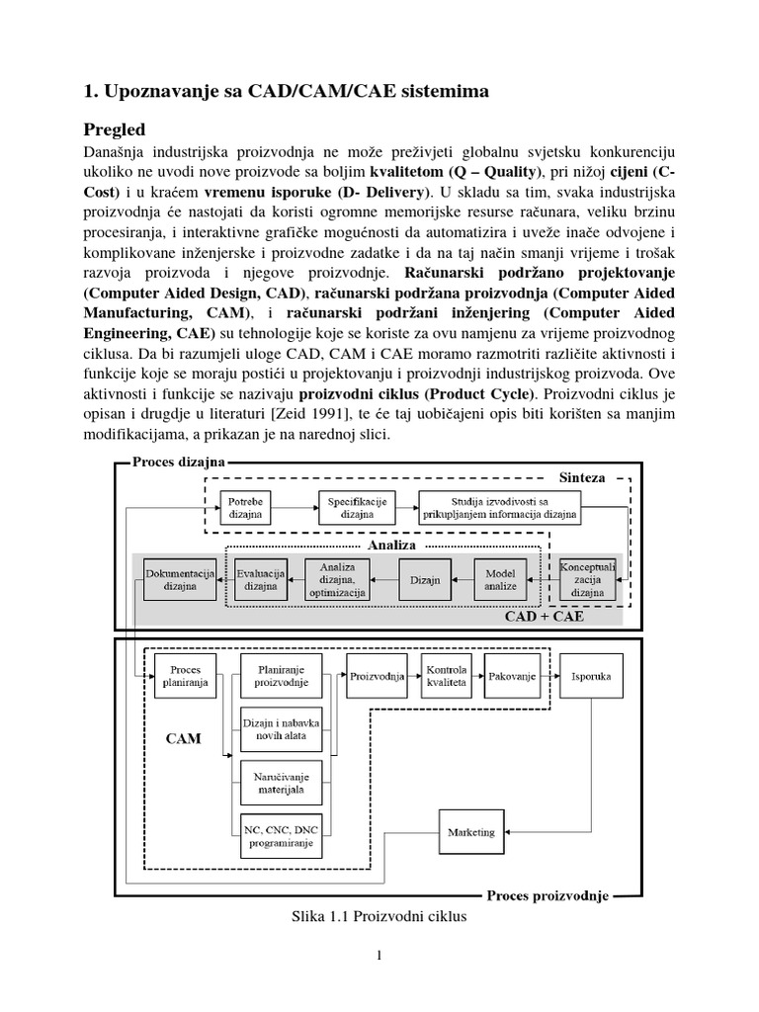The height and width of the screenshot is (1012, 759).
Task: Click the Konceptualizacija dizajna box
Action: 587,578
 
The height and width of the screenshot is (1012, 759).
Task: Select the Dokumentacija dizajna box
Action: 179,578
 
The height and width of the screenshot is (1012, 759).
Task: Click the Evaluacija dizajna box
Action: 261,578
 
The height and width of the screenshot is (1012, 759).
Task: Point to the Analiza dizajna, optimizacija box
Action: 337,579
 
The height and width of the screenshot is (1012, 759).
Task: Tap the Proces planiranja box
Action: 185,676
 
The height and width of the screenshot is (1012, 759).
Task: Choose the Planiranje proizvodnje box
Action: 282,676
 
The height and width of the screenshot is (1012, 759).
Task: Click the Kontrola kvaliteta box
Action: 447,676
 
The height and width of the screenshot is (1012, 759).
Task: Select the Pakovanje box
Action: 512,676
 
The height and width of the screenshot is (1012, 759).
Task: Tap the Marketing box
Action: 471,831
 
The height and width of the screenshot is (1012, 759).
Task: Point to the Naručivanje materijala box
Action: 282,782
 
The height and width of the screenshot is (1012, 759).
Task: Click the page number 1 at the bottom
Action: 379,955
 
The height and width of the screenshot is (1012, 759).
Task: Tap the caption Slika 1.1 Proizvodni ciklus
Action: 374,916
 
